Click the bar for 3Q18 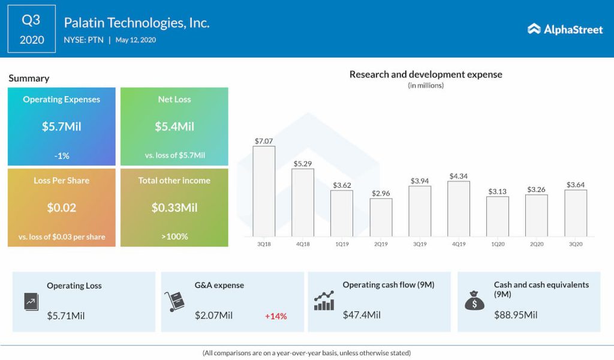[264, 191]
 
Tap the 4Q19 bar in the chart [459, 208]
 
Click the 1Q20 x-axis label [497, 244]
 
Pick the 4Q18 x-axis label [303, 244]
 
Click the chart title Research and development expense [426, 74]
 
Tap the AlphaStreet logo [565, 29]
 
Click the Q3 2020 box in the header [31, 29]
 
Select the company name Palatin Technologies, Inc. [137, 23]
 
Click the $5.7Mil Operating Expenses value [62, 127]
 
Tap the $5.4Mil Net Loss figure [174, 127]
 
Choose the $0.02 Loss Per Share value [62, 208]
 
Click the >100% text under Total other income [174, 236]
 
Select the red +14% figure [276, 316]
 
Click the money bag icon [474, 300]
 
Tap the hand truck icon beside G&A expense [174, 301]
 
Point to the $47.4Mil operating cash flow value [362, 314]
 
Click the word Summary [29, 78]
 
